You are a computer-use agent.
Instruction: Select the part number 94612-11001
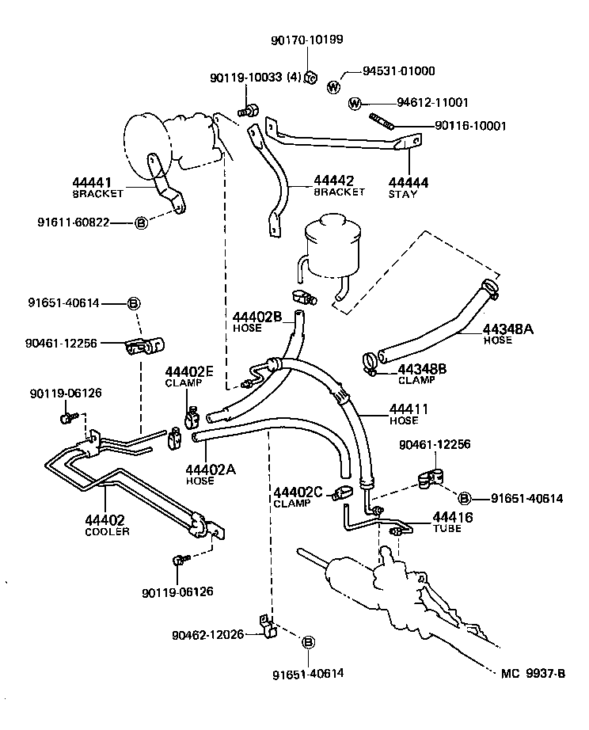432,103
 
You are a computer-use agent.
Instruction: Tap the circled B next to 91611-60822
141,223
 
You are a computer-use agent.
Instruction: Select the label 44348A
508,329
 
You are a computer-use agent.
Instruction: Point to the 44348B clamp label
422,368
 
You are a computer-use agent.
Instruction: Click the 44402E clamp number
189,371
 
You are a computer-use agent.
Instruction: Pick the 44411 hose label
408,409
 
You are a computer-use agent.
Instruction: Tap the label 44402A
210,469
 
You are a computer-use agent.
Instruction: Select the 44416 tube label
452,518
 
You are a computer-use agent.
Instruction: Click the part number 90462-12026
208,634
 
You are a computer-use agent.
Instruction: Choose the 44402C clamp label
297,492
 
